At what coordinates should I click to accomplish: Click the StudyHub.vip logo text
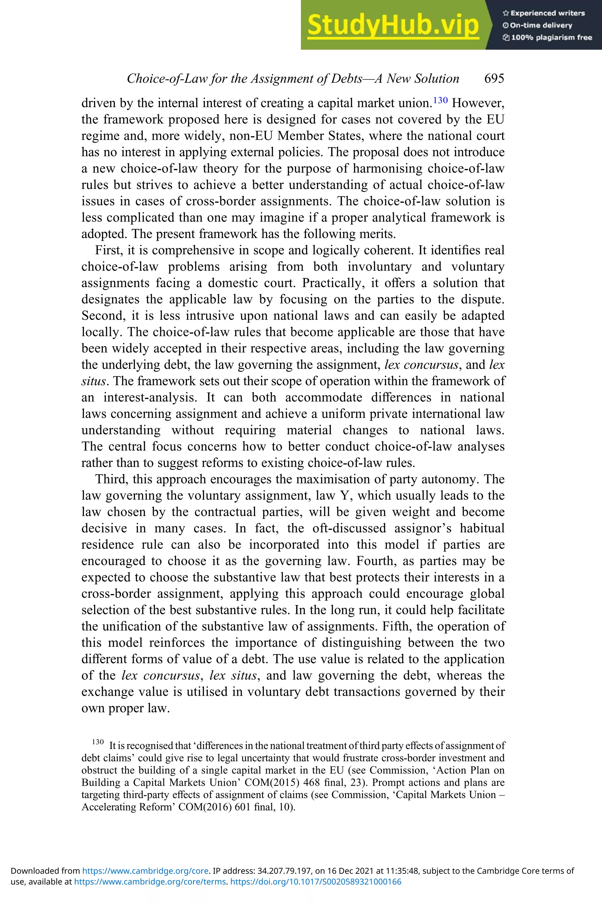tap(393, 25)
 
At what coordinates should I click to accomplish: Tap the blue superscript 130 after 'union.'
tap(440, 100)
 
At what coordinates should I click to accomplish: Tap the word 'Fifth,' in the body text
tap(397, 626)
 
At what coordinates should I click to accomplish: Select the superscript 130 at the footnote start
tap(98, 742)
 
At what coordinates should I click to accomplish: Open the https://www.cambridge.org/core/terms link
tap(150, 882)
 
